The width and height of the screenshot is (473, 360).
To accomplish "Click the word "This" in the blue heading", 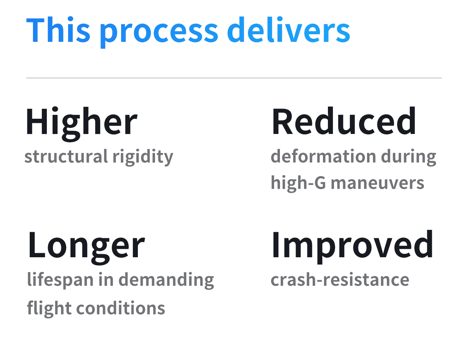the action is [58, 30].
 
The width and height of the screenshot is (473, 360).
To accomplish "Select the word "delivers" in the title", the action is [289, 30].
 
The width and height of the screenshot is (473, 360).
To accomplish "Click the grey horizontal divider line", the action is [234, 78].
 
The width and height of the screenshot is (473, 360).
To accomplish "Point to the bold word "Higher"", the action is [81, 124].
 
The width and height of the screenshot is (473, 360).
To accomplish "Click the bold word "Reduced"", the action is [344, 121].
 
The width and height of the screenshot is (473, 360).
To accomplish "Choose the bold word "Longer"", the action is [86, 248].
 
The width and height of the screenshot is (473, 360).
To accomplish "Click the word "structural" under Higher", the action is [66, 156].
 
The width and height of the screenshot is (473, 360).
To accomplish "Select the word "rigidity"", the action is [143, 157].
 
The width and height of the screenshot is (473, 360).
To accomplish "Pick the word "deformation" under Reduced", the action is [323, 156].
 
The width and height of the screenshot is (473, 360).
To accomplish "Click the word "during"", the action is [409, 157].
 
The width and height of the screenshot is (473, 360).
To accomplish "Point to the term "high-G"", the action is [298, 183].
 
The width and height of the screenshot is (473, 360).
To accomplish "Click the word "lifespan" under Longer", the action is [60, 280].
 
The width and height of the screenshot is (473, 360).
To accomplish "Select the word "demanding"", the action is [166, 280].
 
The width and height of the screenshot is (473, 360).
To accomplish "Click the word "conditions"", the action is [121, 308].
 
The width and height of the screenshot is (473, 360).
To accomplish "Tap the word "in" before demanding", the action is [106, 279].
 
